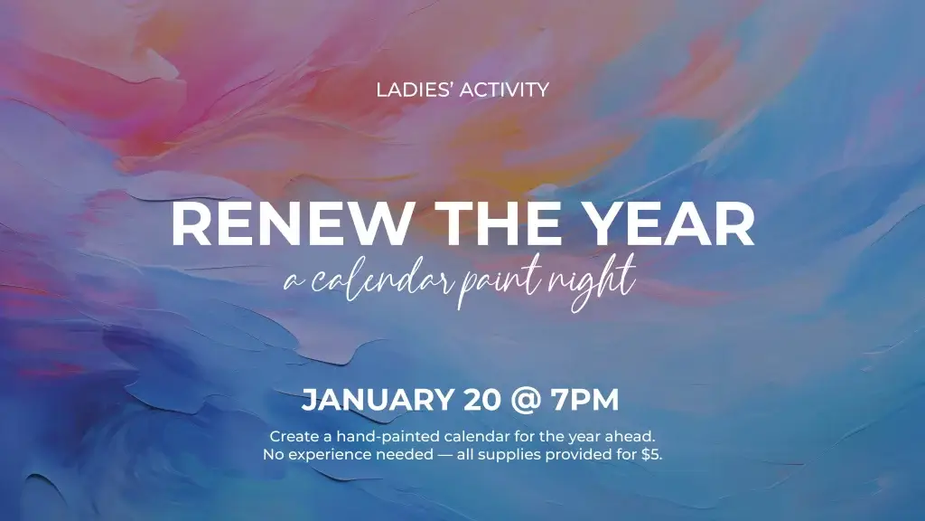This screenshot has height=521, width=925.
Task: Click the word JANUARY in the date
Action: [x=378, y=399]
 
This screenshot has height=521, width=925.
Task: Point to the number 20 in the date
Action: [x=482, y=399]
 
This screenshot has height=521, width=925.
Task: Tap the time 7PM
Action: [x=584, y=399]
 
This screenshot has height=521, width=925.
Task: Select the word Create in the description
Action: [x=294, y=437]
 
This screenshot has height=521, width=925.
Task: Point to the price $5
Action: [x=652, y=454]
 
